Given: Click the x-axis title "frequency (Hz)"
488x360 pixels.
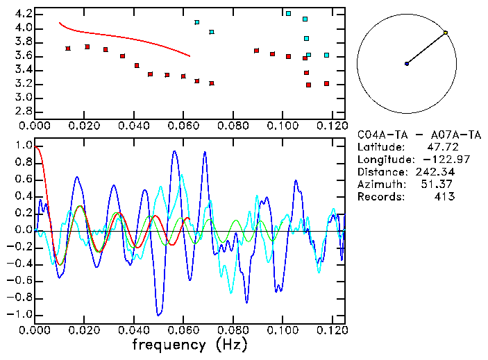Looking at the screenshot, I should pyautogui.click(x=190, y=345).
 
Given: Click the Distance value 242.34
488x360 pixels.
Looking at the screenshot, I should pyautogui.click(x=435, y=172).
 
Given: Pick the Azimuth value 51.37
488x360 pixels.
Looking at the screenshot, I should pyautogui.click(x=438, y=185).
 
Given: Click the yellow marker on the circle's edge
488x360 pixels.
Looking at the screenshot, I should pyautogui.click(x=445, y=33).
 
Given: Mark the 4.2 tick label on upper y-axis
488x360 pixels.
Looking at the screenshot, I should pyautogui.click(x=24, y=14).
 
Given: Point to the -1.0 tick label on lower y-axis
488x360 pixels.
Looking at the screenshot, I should pyautogui.click(x=21, y=315).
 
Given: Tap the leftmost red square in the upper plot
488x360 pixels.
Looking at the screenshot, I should pyautogui.click(x=68, y=49).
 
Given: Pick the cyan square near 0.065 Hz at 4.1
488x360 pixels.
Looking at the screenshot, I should pyautogui.click(x=197, y=22).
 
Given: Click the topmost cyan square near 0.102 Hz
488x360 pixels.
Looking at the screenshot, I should pyautogui.click(x=288, y=13).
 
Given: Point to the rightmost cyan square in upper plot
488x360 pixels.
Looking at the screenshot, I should pyautogui.click(x=326, y=55).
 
